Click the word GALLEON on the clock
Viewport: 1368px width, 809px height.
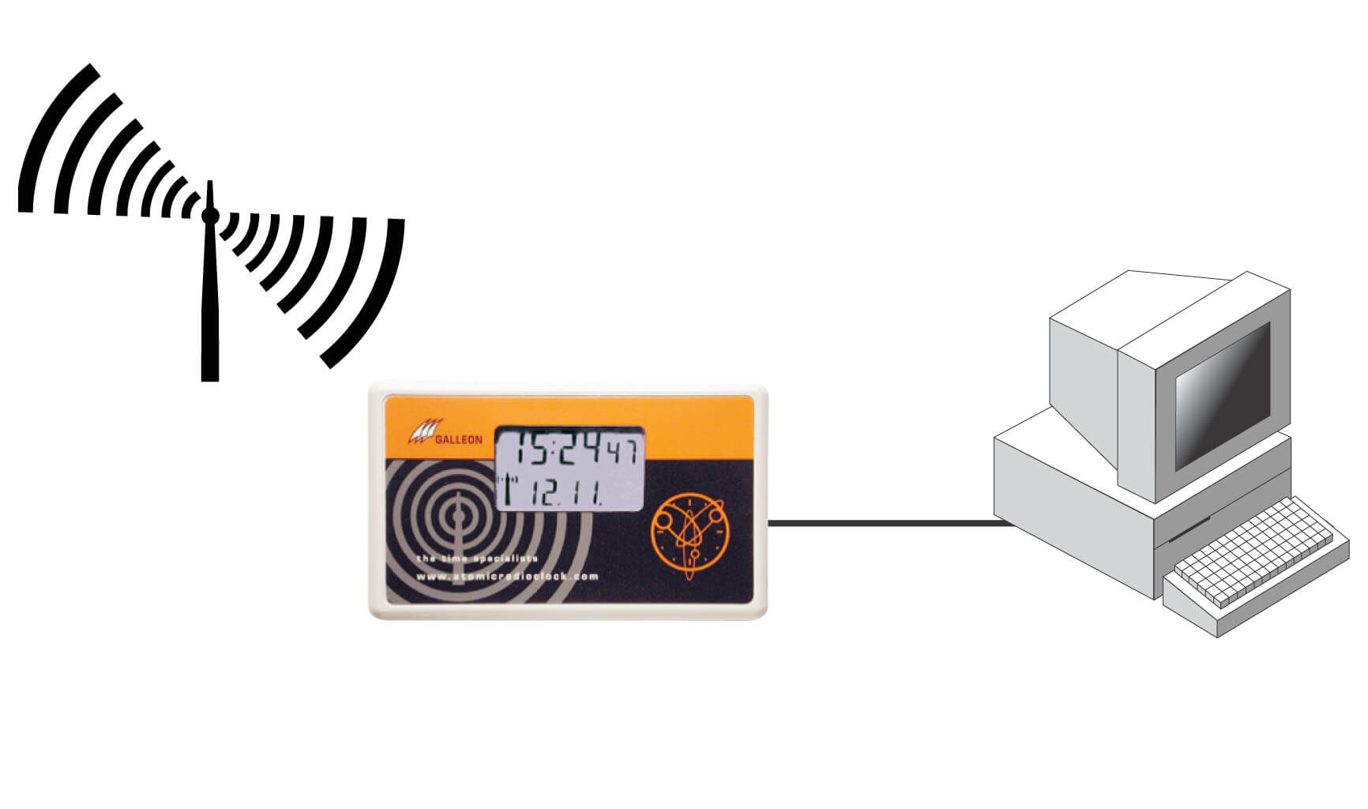pos(458,440)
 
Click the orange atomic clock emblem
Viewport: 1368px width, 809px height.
pos(688,530)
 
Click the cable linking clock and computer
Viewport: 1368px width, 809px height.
pos(885,522)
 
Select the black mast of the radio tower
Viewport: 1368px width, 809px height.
pos(209,308)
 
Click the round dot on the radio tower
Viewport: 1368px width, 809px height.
pos(209,215)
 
